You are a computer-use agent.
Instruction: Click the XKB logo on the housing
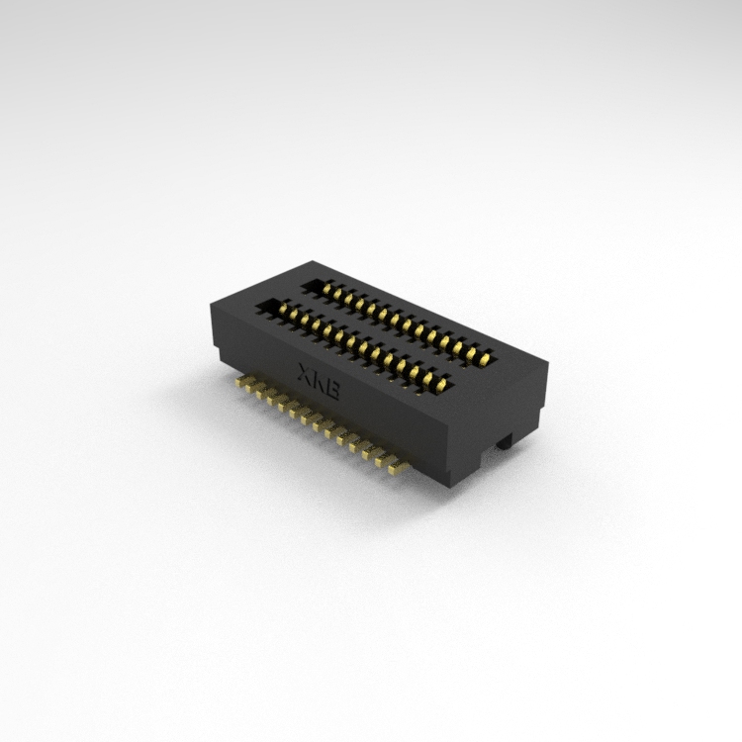[318, 382]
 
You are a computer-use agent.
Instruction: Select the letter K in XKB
[318, 382]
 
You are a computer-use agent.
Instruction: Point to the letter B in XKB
[332, 390]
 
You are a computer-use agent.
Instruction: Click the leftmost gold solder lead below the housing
[242, 382]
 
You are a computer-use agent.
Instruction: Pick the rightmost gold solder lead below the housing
[399, 469]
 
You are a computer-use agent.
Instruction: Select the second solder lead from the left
[252, 388]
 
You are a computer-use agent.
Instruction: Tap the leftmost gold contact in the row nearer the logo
[283, 310]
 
